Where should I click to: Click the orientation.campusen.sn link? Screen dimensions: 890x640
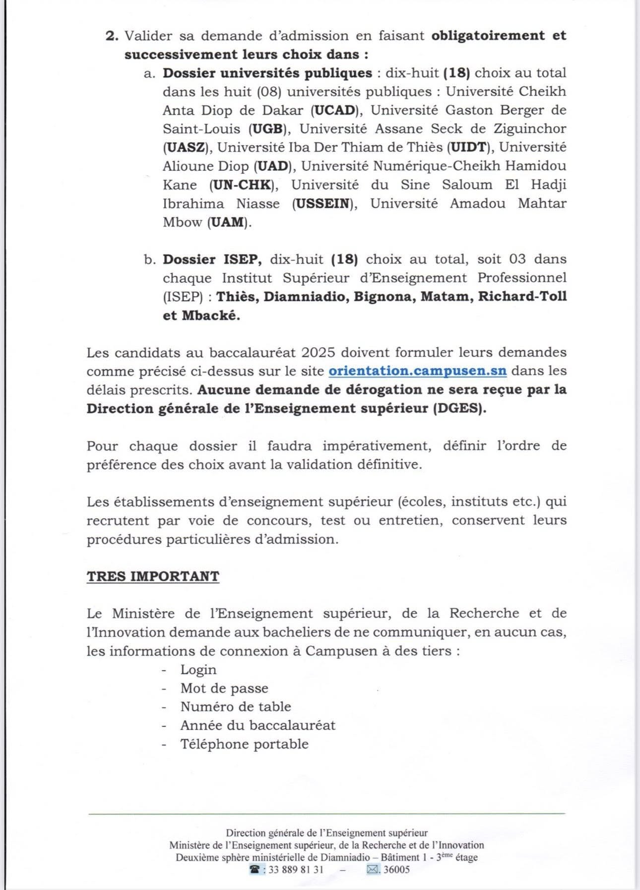[417, 371]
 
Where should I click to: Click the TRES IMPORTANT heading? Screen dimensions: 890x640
[153, 576]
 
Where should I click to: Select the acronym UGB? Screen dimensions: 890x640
[268, 129]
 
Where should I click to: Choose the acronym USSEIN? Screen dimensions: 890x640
[323, 203]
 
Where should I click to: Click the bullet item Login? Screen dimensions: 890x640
[198, 670]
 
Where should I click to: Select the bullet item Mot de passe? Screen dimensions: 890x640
[224, 688]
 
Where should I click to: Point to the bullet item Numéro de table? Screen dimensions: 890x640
[236, 706]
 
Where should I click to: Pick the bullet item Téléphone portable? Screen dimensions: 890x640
[244, 744]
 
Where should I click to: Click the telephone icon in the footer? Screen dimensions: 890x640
[255, 869]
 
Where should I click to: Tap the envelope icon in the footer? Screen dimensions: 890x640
[372, 869]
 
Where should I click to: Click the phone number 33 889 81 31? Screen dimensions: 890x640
[296, 869]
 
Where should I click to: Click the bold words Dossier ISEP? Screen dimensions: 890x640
[212, 259]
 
